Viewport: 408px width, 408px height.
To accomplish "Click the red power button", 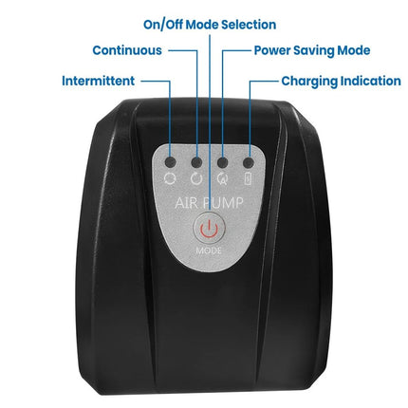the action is click(209, 228).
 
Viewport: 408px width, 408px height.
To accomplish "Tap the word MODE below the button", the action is click(209, 250).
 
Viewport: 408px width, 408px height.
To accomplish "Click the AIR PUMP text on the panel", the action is click(209, 203).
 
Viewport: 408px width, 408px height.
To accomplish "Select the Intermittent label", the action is click(99, 81).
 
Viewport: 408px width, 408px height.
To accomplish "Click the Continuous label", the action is click(127, 50).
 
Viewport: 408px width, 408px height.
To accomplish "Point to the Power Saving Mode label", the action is click(312, 50).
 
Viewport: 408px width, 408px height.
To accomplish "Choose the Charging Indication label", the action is click(342, 82).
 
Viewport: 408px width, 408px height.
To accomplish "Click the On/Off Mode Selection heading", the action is click(210, 25).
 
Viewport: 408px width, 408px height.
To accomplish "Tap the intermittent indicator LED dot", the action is click(171, 162).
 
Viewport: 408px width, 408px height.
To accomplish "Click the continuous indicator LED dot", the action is click(196, 162).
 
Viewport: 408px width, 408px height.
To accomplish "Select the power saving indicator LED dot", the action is click(223, 162).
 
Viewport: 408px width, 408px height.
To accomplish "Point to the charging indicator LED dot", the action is click(249, 162).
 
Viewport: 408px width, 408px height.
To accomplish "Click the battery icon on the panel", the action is click(249, 178).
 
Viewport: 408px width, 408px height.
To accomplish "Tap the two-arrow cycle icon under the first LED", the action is click(170, 178).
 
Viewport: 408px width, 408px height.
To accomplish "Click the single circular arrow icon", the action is click(196, 178).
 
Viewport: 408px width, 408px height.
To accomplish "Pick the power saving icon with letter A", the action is click(223, 179).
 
